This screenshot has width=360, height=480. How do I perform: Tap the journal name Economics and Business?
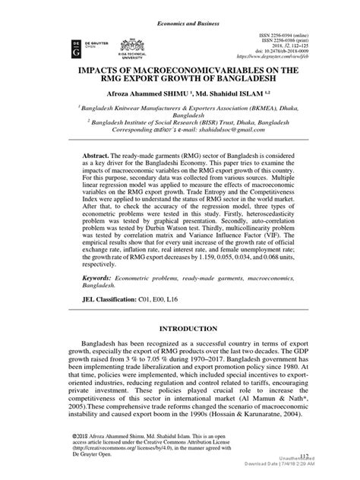tap(179, 6)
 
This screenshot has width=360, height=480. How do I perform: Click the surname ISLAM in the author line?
tap(257, 97)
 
